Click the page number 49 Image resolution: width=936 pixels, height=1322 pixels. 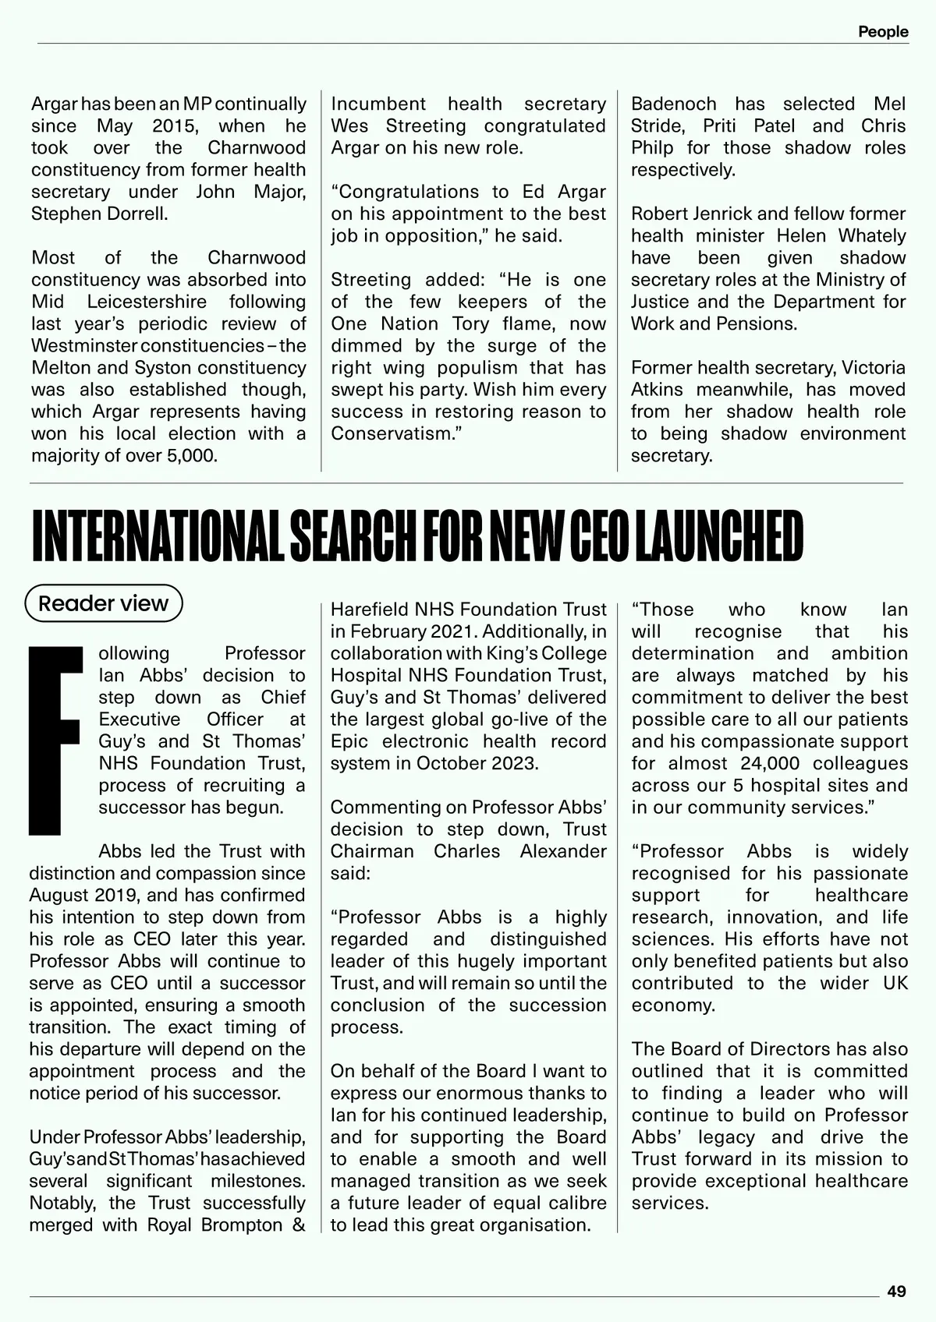click(896, 1291)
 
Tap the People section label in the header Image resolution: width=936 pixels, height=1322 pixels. click(883, 32)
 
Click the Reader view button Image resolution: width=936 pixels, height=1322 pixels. click(104, 603)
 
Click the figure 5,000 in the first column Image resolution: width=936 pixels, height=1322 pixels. click(191, 455)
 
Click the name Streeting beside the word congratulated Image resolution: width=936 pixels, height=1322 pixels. click(426, 126)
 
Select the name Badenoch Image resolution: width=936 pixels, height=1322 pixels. click(673, 104)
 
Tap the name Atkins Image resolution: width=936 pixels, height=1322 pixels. click(657, 390)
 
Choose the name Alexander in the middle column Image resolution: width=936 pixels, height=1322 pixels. click(563, 851)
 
